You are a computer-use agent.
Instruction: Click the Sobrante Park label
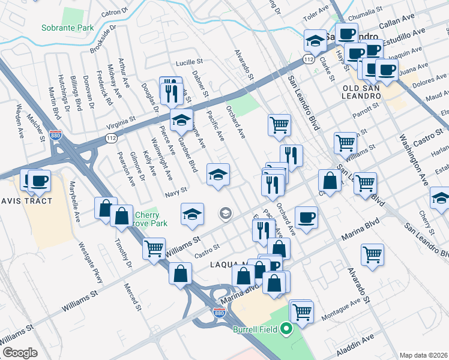(68, 28)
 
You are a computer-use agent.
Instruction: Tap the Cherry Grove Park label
(147, 219)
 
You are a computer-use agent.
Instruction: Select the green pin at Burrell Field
(287, 328)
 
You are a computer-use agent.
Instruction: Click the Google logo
(20, 353)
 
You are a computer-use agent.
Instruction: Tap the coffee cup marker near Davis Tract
(40, 181)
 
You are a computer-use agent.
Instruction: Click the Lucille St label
(190, 62)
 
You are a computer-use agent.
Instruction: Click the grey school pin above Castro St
(226, 212)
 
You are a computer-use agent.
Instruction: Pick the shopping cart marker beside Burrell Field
(302, 311)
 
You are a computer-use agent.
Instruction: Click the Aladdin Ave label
(359, 343)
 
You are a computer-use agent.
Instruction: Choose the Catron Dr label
(115, 12)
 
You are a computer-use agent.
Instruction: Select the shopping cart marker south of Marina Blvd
(372, 254)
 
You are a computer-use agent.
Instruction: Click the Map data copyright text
(424, 355)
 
